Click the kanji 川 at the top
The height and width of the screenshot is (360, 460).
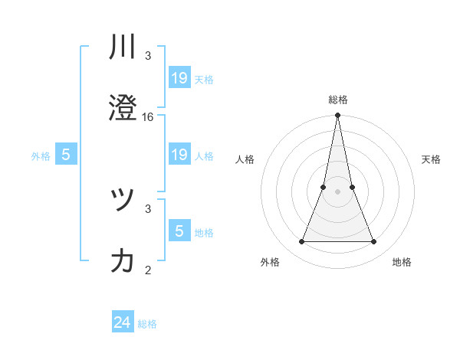pyautogui.click(x=123, y=47)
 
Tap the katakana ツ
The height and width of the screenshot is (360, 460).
pyautogui.click(x=123, y=201)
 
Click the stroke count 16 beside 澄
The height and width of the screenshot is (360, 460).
pyautogui.click(x=148, y=117)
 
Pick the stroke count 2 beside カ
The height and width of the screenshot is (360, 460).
pyautogui.click(x=148, y=269)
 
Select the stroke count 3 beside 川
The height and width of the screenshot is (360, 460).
pyautogui.click(x=148, y=56)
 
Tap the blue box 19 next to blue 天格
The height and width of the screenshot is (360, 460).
pyautogui.click(x=179, y=77)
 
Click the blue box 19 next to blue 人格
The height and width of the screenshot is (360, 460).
pyautogui.click(x=179, y=155)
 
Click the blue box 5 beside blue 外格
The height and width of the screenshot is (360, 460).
pyautogui.click(x=66, y=155)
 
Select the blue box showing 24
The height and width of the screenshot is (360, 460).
pyautogui.click(x=123, y=322)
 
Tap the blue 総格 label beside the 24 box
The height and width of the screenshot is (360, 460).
pyautogui.click(x=147, y=324)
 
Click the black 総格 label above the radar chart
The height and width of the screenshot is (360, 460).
pyautogui.click(x=337, y=100)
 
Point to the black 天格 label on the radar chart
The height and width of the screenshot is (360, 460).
pyautogui.click(x=432, y=159)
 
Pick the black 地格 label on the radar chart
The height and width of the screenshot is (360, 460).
pyautogui.click(x=402, y=262)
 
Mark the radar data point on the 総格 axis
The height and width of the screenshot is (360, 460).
pyautogui.click(x=337, y=116)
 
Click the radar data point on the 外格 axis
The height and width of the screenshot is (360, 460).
pyautogui.click(x=301, y=242)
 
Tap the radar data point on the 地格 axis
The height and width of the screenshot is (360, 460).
pyautogui.click(x=373, y=242)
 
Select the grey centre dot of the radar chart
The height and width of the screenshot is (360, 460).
pyautogui.click(x=337, y=191)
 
